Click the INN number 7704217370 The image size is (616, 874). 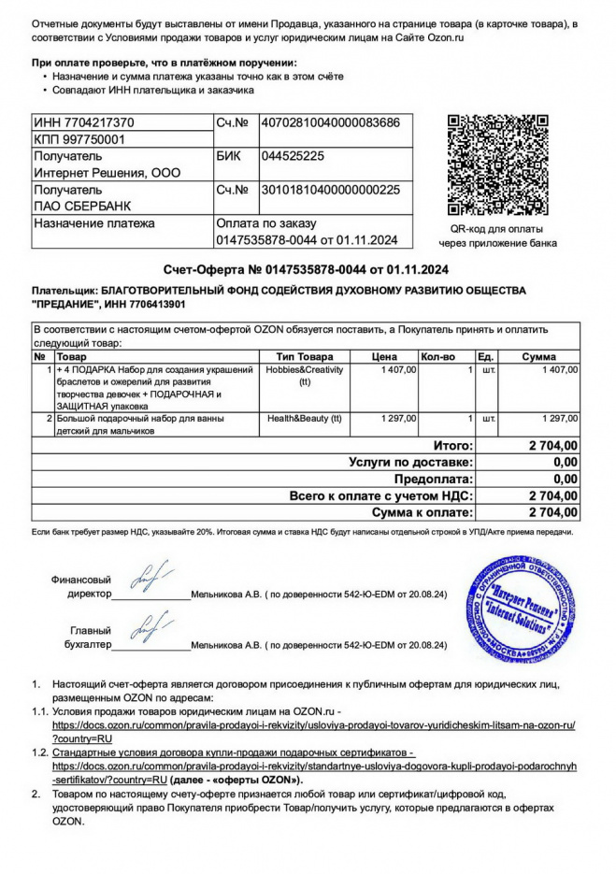[84, 122]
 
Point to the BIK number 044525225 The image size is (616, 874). [293, 156]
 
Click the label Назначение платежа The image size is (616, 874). [94, 223]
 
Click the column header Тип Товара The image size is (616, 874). [305, 357]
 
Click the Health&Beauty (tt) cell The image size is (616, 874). [305, 419]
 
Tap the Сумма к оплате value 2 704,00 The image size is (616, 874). [552, 513]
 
